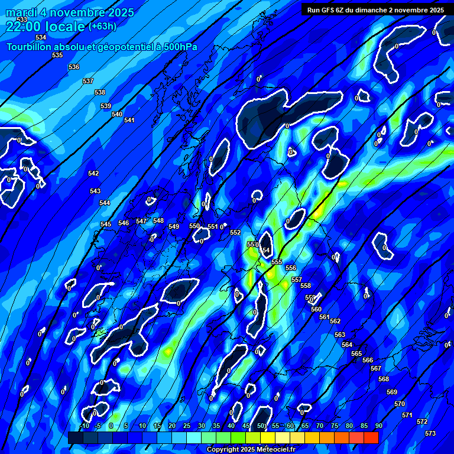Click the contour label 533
tap(22, 20)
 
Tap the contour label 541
tap(129, 120)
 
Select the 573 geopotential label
tap(430, 433)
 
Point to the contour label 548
tap(158, 220)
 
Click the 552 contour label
tap(235, 232)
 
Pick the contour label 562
tap(335, 321)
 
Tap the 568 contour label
tap(384, 379)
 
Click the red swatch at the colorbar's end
tap(371, 437)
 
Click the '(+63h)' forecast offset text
tap(102, 26)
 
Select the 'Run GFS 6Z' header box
tap(375, 10)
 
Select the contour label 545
tap(106, 224)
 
